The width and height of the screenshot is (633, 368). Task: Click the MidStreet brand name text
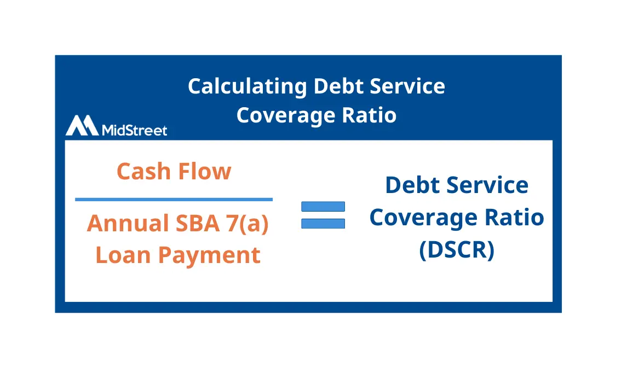click(x=135, y=130)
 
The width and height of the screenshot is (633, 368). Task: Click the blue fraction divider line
click(x=174, y=200)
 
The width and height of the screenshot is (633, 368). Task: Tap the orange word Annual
click(x=128, y=224)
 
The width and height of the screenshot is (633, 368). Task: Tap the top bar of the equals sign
click(x=323, y=206)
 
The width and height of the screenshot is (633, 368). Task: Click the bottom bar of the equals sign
click(x=323, y=223)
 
